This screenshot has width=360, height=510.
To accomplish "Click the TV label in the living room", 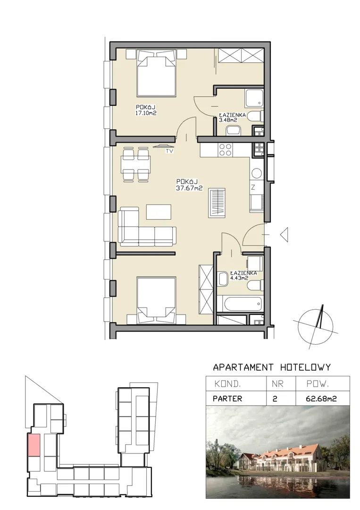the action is [169, 151].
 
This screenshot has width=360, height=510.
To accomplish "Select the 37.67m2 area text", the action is [189, 188].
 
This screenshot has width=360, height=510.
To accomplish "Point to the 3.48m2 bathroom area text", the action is [228, 120].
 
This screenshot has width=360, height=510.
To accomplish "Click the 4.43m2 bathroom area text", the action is [239, 278].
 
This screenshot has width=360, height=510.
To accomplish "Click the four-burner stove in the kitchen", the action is [226, 150].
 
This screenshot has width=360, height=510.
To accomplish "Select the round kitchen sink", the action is [257, 173].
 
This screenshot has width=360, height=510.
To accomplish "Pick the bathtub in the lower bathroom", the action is [243, 304].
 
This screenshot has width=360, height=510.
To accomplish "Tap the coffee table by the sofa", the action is [159, 212].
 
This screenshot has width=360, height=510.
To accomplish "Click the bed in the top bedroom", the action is [157, 73].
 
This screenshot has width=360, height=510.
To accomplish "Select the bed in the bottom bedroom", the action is [157, 300].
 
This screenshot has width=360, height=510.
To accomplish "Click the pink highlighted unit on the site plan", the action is [34, 445].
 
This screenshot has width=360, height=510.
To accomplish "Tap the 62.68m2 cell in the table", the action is [321, 399].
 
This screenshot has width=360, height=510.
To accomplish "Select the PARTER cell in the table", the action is [227, 399].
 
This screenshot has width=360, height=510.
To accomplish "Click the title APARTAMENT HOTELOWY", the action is [272, 367].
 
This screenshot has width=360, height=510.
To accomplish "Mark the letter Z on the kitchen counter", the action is [253, 187].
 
